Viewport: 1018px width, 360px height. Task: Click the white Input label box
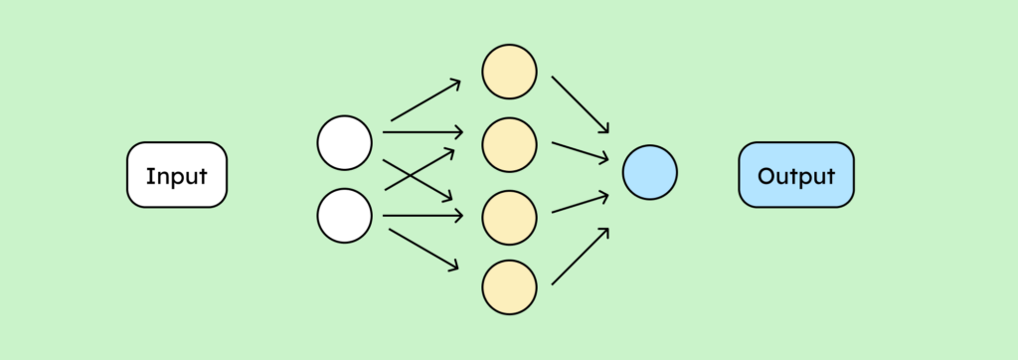177,175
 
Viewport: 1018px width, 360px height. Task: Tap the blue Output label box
795,175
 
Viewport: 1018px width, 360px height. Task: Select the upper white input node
344,143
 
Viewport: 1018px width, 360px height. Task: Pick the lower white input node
344,214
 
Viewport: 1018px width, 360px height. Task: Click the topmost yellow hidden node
510,72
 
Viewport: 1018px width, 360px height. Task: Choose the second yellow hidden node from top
510,143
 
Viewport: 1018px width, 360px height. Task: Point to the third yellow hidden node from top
510,215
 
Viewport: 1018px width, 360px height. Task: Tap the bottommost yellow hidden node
510,286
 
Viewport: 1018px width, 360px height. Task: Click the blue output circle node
649,173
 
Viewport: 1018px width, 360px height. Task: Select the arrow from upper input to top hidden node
425,100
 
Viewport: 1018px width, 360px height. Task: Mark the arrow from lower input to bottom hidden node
424,250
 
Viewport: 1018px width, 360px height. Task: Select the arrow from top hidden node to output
580,103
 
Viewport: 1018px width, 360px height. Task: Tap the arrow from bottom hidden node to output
581,257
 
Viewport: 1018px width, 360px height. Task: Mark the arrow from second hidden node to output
581,150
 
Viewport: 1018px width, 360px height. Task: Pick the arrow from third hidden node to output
581,203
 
